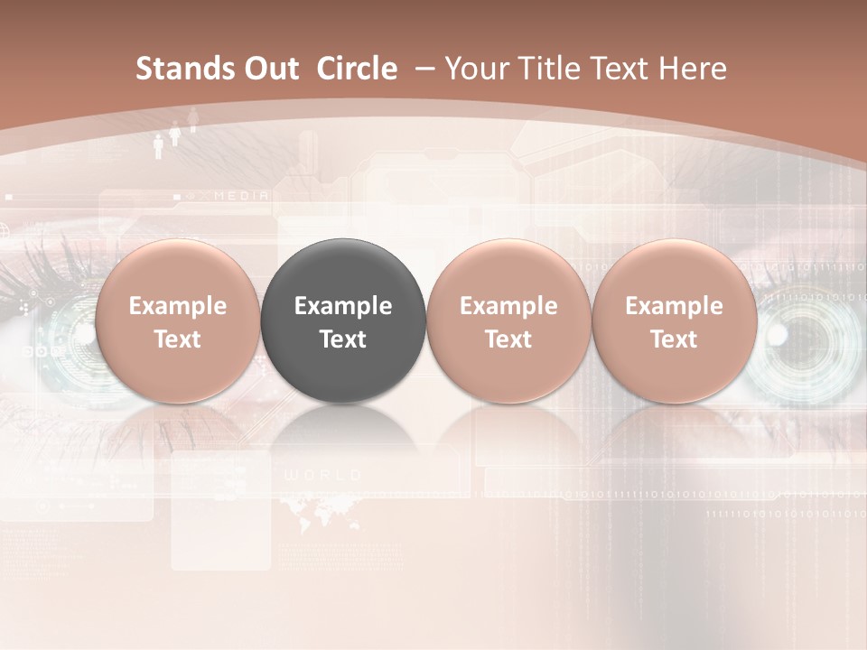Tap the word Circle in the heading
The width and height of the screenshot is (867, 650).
[x=357, y=69]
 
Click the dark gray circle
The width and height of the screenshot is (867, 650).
[x=343, y=320]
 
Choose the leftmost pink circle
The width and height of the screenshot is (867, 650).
[x=178, y=320]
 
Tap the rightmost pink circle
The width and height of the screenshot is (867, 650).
[x=674, y=320]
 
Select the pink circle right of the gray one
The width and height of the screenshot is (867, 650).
[x=508, y=320]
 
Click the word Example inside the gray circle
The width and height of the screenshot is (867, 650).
[x=343, y=306]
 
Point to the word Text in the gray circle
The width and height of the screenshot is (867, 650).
[x=343, y=339]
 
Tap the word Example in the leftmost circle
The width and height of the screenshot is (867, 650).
[x=178, y=306]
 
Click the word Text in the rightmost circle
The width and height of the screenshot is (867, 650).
[x=674, y=339]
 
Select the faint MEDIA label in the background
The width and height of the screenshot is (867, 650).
[x=241, y=195]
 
